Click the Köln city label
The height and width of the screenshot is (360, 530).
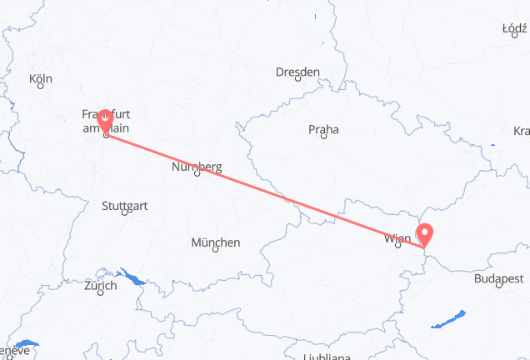coord(40,79)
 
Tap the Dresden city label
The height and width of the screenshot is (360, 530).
coord(298,72)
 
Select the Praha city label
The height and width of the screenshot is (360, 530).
coord(322,130)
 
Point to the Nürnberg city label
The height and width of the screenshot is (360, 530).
coord(197,167)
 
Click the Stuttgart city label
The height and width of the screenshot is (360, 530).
coord(124,205)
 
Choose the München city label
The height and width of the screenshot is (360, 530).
coord(216,242)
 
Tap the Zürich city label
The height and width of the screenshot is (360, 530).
coord(100,285)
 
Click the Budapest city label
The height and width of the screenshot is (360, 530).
coord(497,280)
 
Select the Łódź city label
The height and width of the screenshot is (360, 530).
coord(514,28)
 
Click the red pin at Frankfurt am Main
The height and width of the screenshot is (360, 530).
coord(106,121)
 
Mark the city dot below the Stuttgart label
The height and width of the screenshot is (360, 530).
coord(124,212)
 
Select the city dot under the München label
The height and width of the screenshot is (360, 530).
coord(217,250)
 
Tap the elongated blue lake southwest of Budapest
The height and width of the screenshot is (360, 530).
coord(454,318)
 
